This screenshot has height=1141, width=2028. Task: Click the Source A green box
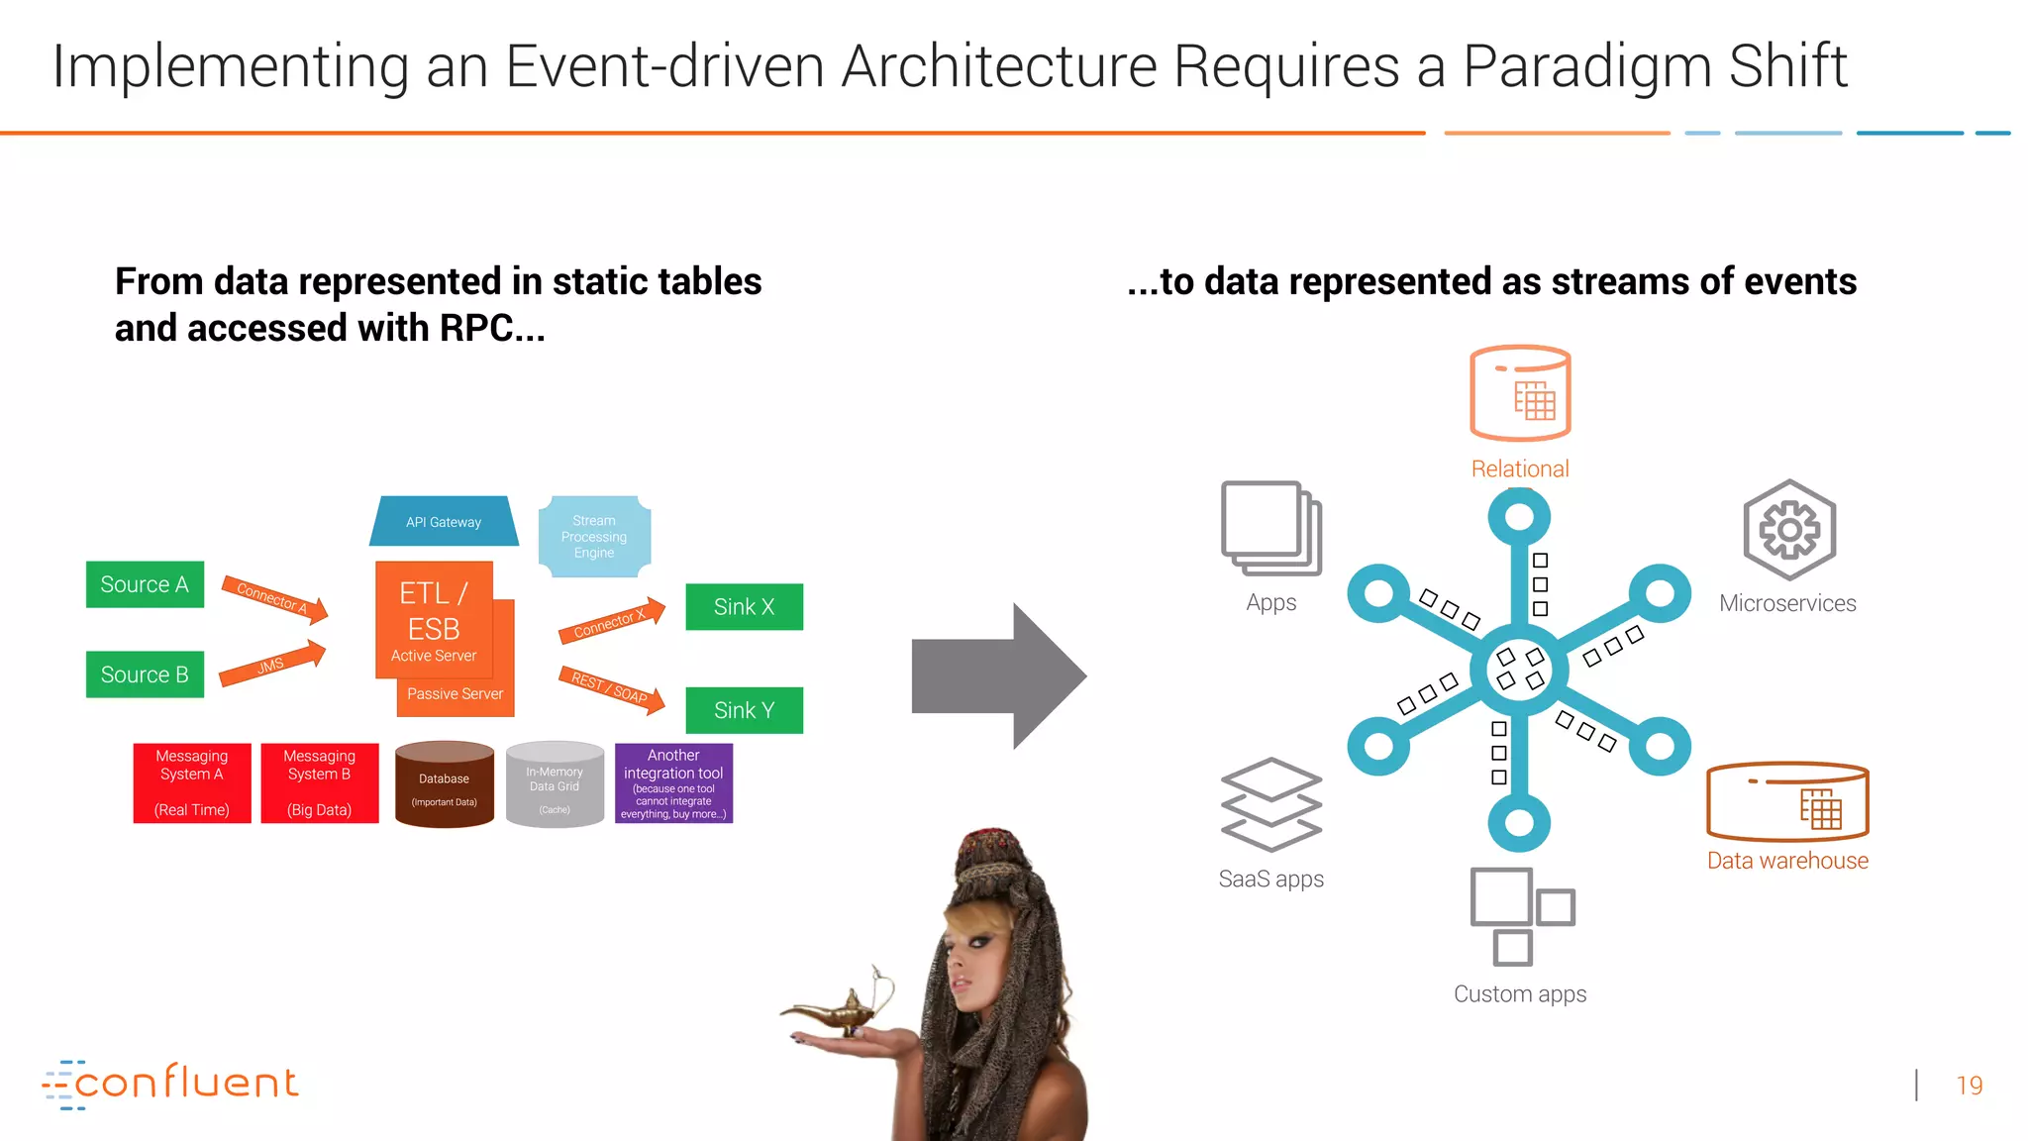point(145,584)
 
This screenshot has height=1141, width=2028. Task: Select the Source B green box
point(145,674)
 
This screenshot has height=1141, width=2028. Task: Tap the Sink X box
point(744,607)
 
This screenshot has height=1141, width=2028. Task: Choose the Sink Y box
point(744,710)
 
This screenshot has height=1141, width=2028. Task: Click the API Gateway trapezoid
point(444,522)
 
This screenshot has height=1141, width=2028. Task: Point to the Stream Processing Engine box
point(594,537)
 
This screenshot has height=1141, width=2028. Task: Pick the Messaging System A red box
point(192,782)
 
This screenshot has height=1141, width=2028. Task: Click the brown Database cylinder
point(445,784)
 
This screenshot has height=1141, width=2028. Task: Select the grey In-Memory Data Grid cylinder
point(555,784)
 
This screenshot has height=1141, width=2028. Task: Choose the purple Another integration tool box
point(673,783)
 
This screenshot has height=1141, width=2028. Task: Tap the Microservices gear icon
point(1789,530)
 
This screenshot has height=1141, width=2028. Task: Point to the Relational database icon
point(1520,393)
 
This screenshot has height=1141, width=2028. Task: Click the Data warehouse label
point(1787,861)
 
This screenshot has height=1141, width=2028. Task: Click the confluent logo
point(170,1084)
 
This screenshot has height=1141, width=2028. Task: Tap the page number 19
point(1970,1086)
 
